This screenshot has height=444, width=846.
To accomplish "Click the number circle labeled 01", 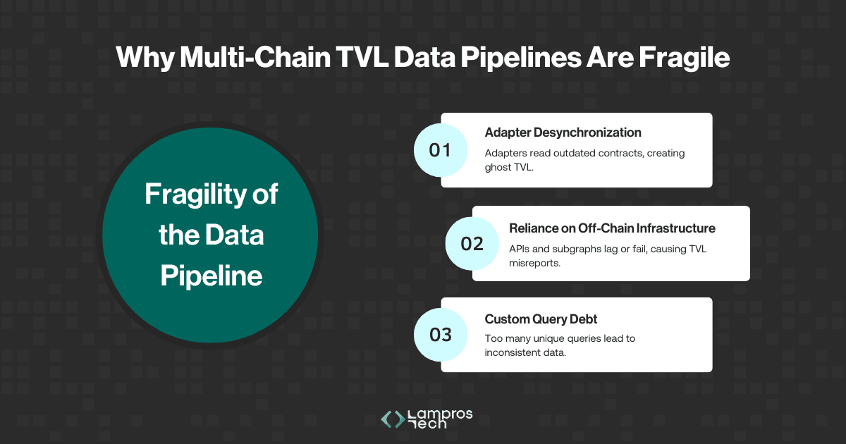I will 441,150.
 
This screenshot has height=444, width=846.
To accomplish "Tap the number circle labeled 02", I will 472,244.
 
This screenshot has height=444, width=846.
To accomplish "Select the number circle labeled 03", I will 441,334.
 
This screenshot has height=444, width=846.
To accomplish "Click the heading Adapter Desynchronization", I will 563,132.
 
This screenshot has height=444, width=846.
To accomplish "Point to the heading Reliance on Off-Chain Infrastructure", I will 612,228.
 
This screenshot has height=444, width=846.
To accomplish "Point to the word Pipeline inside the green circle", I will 211,276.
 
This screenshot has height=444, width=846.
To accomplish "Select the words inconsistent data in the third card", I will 525,352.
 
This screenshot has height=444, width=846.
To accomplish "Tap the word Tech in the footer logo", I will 427,424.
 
